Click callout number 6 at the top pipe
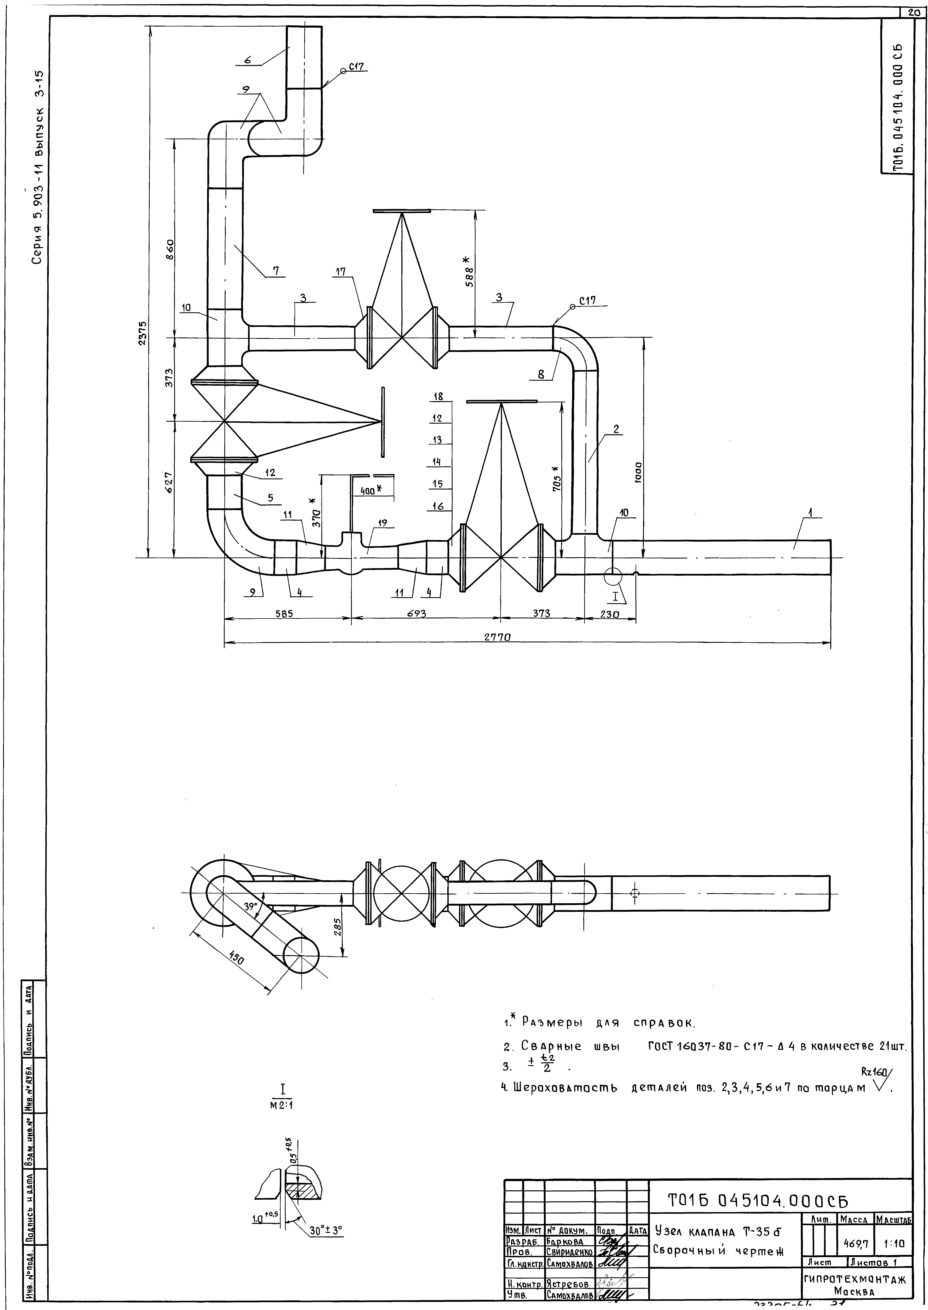(248, 59)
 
